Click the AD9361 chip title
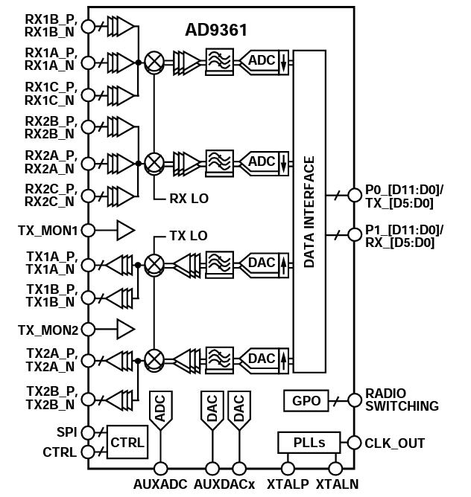(216, 31)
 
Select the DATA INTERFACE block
(309, 211)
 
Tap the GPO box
(306, 401)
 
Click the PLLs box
(308, 443)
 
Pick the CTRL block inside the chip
(127, 443)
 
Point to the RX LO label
(189, 199)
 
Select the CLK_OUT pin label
(394, 443)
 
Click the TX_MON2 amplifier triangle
(125, 328)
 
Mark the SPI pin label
(66, 432)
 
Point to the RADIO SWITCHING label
(402, 400)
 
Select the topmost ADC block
(262, 60)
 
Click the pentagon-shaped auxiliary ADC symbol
(160, 410)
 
